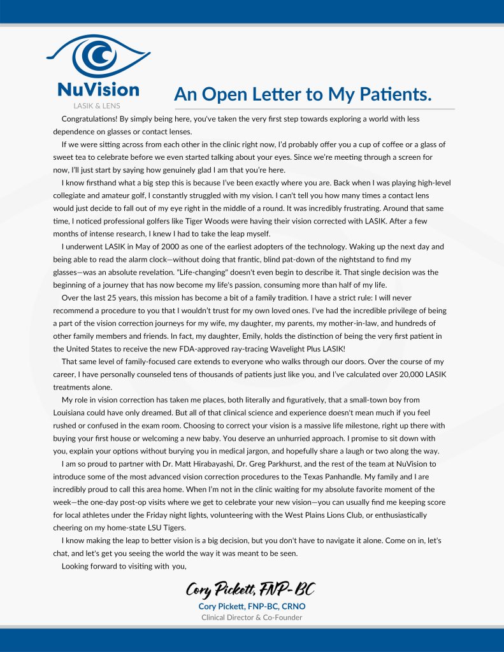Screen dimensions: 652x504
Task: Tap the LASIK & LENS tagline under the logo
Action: point(97,105)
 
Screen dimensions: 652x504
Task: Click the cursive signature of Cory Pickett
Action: point(250,588)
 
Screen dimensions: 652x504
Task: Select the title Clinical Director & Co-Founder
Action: point(251,618)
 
